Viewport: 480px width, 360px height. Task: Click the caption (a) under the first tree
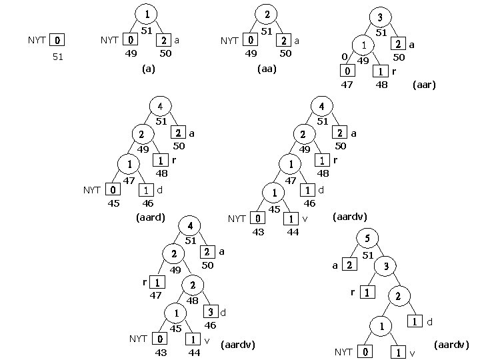[x=148, y=69]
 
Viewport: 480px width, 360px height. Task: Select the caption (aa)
[x=266, y=69]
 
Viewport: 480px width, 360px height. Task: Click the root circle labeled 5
[x=367, y=238]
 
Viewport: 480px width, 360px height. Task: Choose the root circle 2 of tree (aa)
[x=267, y=13]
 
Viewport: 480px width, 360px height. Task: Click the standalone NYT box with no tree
[x=58, y=41]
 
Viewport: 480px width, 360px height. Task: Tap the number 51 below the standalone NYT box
[x=58, y=57]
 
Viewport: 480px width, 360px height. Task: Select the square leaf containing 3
[x=210, y=312]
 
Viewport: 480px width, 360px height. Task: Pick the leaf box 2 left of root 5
[x=349, y=265]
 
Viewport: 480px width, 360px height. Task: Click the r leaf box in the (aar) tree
[x=381, y=71]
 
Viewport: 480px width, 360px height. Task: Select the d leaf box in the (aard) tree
[x=147, y=190]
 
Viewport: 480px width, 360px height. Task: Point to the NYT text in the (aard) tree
[x=92, y=191]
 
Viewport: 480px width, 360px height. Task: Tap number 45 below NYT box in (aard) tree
[x=114, y=204]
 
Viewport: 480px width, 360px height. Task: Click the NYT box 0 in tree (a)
[x=131, y=41]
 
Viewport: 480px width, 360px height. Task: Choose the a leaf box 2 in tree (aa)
[x=285, y=41]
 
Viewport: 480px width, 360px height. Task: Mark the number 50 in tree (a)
[x=166, y=53]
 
